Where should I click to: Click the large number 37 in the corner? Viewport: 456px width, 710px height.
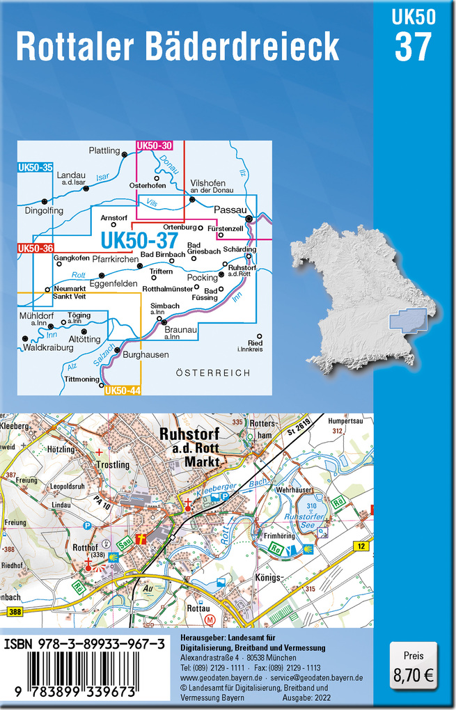pyautogui.click(x=414, y=46)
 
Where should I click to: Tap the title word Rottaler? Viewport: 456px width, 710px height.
pyautogui.click(x=76, y=46)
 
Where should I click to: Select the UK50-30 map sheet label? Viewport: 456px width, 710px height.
pyautogui.click(x=155, y=145)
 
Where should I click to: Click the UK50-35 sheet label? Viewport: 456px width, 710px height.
pyautogui.click(x=35, y=167)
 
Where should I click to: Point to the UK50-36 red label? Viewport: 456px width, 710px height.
pyautogui.click(x=35, y=248)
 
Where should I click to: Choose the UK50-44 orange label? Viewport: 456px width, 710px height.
pyautogui.click(x=123, y=390)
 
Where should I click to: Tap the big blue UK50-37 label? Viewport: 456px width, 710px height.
pyautogui.click(x=138, y=240)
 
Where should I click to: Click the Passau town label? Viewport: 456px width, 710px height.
pyautogui.click(x=230, y=210)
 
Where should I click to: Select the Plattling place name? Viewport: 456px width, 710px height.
pyautogui.click(x=104, y=150)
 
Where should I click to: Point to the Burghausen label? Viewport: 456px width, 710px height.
pyautogui.click(x=146, y=354)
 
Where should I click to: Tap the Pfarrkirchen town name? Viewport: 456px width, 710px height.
pyautogui.click(x=116, y=259)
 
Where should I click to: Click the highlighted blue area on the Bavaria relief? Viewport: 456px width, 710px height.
pyautogui.click(x=411, y=319)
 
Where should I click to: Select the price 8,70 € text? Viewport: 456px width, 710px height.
pyautogui.click(x=414, y=674)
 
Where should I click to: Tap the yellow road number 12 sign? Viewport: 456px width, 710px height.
pyautogui.click(x=361, y=547)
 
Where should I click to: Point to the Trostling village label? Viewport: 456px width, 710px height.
pyautogui.click(x=113, y=464)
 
